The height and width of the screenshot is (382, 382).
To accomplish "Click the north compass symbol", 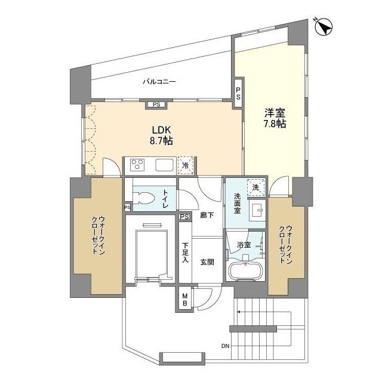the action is tap(324, 27).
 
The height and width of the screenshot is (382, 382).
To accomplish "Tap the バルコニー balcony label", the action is tap(159, 82).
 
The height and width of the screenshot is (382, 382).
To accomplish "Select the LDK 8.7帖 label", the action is tap(161, 135).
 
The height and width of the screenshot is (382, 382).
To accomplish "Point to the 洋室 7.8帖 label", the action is tap(275, 118).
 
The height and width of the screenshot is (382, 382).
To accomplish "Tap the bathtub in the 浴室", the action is tap(246, 271).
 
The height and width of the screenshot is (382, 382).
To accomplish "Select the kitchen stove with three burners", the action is tap(137, 164).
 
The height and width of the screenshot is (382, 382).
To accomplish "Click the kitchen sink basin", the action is tap(165, 165).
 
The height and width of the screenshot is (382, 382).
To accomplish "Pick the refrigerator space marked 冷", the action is tap(186, 165).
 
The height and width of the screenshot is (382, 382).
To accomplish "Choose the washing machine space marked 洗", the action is tap(255, 187).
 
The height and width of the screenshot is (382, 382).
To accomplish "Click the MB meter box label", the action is tap(185, 300).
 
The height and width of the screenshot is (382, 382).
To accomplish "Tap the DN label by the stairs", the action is tap(226, 346).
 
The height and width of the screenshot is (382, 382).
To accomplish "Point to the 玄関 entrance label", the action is tap(207, 262).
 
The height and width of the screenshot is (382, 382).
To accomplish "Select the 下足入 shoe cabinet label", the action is tap(186, 252).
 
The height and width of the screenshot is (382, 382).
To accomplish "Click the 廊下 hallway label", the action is tap(207, 215).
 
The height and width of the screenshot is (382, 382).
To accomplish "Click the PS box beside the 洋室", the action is tap(238, 94).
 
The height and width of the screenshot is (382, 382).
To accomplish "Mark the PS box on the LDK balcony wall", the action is tap(156, 105).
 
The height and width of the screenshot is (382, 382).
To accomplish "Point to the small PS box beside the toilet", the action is tap(127, 208).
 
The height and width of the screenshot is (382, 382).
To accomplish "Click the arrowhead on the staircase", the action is tap(239, 312).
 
